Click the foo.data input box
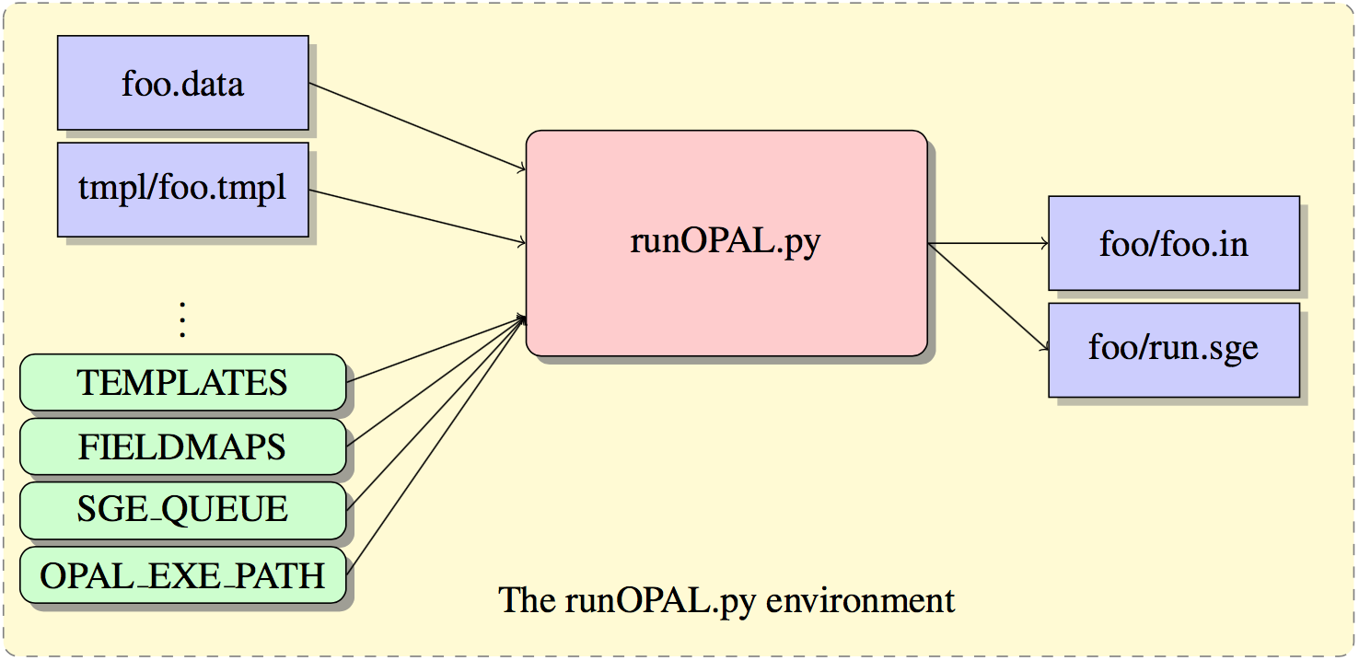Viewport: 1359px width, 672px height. (x=182, y=84)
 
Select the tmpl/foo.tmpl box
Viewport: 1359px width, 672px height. (x=182, y=189)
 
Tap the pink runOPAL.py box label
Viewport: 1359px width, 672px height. (x=726, y=241)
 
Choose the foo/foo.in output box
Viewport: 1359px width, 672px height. (x=1173, y=244)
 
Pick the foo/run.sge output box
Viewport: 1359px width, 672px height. (x=1173, y=350)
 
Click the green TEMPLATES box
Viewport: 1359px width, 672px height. (x=182, y=382)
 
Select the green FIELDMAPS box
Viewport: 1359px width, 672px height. (x=182, y=446)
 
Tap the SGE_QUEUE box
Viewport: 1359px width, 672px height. (x=182, y=509)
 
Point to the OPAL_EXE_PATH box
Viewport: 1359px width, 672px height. (x=182, y=575)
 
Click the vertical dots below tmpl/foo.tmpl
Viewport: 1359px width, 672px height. (x=182, y=319)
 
